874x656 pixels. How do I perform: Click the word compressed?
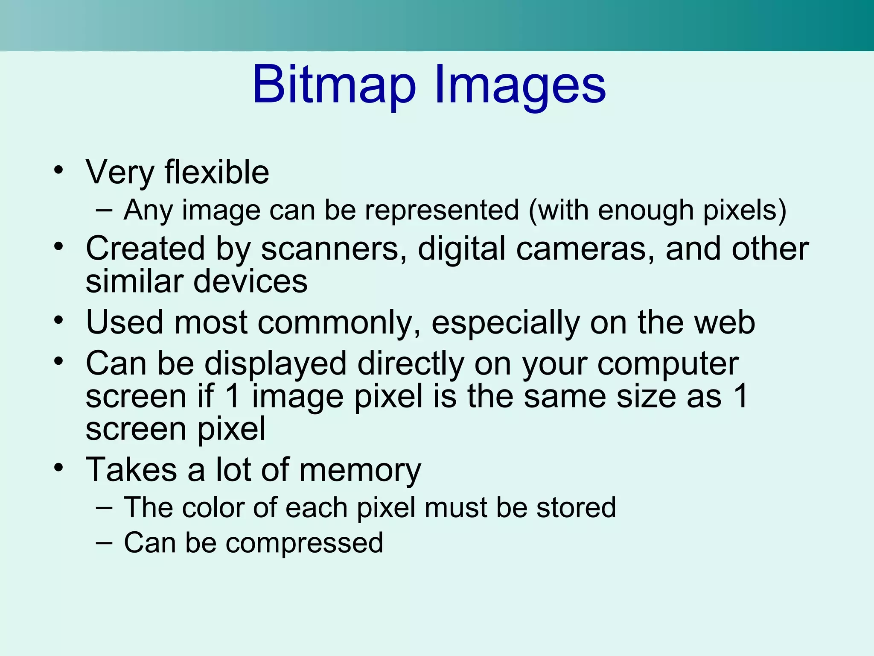pos(304,543)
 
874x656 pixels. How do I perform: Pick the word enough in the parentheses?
pos(645,210)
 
